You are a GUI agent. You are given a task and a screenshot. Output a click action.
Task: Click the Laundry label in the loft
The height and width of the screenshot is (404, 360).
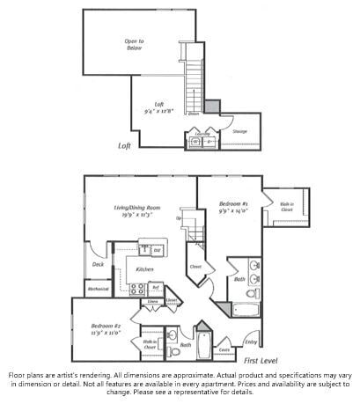click(x=202, y=134)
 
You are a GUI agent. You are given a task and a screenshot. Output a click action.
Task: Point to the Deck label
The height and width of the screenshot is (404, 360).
click(x=97, y=264)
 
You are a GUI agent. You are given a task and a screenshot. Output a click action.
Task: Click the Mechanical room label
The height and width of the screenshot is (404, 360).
click(x=98, y=288)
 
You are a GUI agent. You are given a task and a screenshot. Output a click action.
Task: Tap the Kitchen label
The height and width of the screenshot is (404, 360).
click(x=144, y=268)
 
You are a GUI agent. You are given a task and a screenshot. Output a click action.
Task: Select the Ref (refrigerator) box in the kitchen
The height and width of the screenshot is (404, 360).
click(x=156, y=287)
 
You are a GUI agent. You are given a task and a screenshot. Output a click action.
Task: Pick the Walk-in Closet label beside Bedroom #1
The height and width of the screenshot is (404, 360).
click(x=286, y=209)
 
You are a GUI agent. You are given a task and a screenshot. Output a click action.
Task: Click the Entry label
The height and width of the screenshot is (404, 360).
click(x=251, y=342)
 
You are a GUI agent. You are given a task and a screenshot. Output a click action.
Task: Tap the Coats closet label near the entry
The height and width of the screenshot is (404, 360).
click(x=224, y=350)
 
